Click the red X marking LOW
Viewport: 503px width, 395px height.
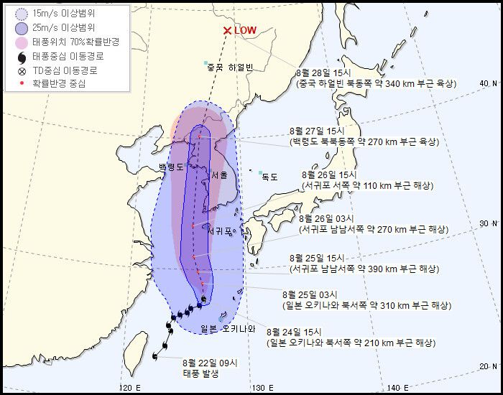[x=227, y=31]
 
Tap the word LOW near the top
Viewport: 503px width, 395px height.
[x=245, y=31]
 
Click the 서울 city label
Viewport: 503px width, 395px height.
[x=219, y=175]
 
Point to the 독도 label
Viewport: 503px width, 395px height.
[x=269, y=176]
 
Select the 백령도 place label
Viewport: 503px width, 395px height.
[x=171, y=167]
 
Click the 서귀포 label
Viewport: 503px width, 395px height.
[x=221, y=231]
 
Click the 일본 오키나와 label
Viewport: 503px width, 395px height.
[x=229, y=329]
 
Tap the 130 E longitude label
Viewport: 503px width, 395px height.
[x=256, y=388]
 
